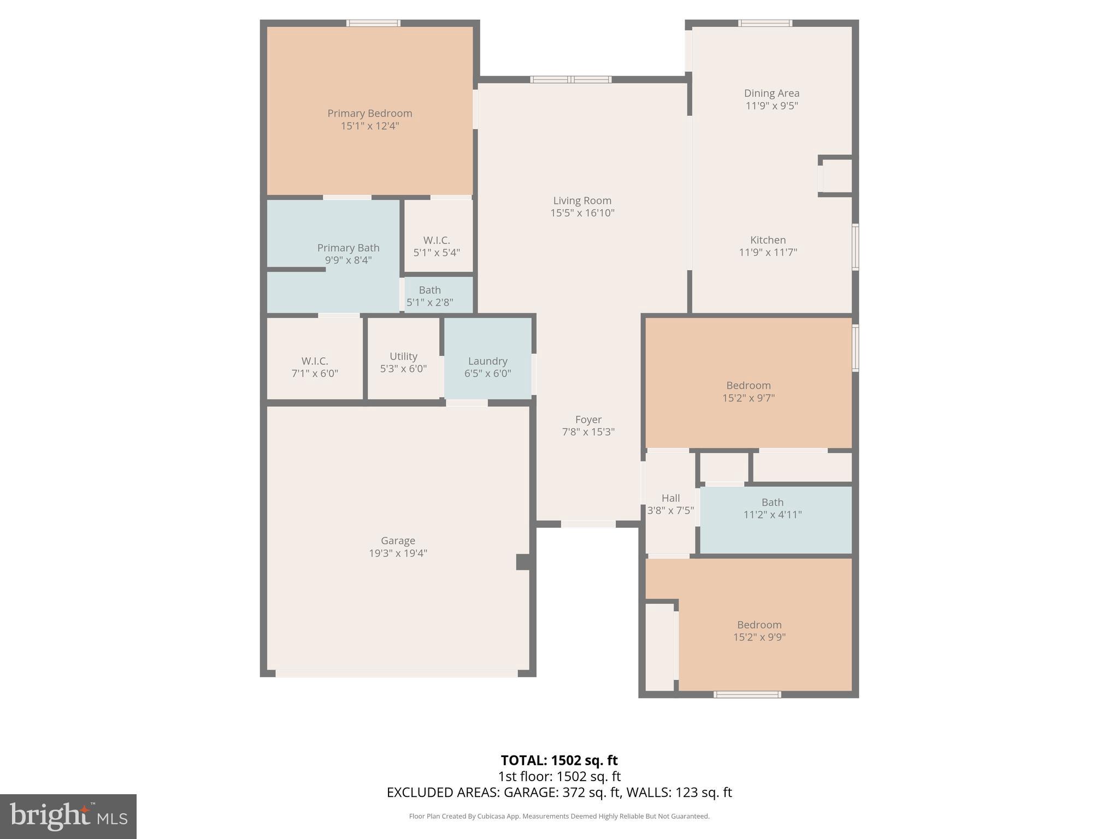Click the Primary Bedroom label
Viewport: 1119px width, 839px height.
[x=369, y=114]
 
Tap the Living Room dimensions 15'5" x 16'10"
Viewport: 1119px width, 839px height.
[x=582, y=213]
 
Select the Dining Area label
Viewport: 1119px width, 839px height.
[x=771, y=93]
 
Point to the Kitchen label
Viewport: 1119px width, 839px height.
[x=768, y=240]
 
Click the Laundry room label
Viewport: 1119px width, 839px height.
[x=487, y=361]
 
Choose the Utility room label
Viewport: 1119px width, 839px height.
[x=403, y=356]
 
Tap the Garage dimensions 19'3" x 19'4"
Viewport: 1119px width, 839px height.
[x=398, y=553]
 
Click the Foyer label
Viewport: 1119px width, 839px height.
[x=588, y=419]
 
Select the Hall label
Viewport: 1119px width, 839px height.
[x=670, y=498]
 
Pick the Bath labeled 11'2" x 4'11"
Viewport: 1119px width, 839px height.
[x=772, y=508]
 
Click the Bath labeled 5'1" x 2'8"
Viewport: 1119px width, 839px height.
[x=429, y=296]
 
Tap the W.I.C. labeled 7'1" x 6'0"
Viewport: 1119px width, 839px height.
[x=315, y=367]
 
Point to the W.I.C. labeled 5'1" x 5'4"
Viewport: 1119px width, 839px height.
[x=437, y=246]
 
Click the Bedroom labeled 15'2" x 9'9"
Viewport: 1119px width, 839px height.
[x=759, y=630]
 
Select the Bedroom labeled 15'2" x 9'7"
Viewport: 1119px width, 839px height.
[x=748, y=391]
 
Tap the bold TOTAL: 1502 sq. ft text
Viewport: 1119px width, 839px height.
[x=559, y=760]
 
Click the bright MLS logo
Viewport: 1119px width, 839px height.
[x=68, y=816]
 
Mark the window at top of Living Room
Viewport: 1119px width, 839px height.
[x=570, y=80]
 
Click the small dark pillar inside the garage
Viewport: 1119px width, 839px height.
[x=523, y=562]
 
